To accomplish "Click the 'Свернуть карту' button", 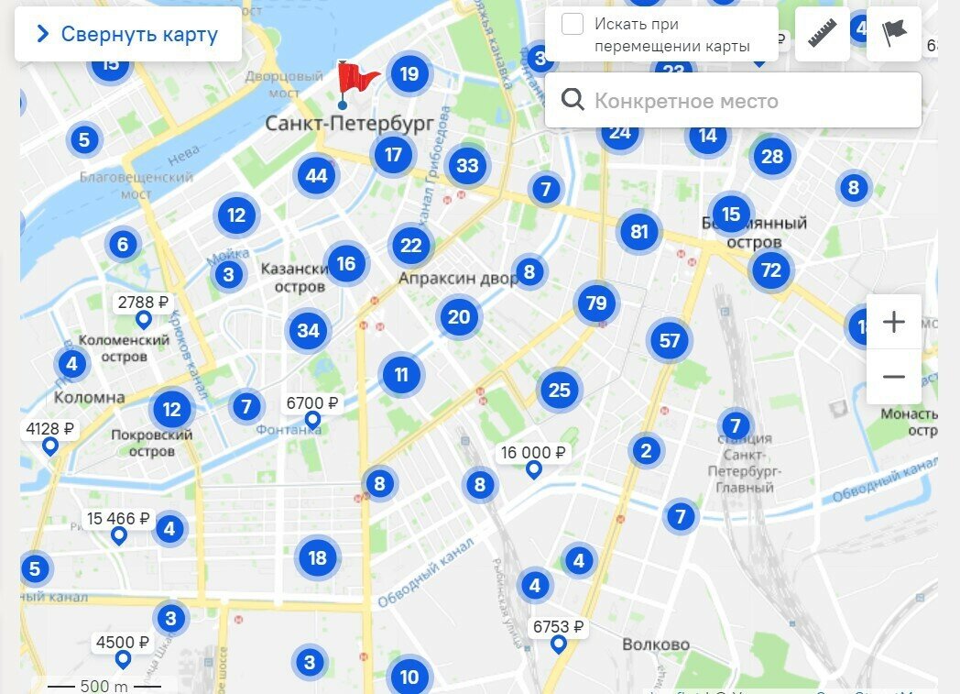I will tap(128, 35).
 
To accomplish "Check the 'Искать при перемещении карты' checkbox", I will tap(573, 25).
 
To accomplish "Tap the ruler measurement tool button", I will tap(823, 34).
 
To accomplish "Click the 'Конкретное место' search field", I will tap(733, 101).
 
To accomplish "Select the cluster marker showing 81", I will tap(639, 232).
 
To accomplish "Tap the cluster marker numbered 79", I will tap(596, 303).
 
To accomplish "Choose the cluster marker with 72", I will tap(771, 270).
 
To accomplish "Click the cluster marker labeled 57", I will tap(670, 341).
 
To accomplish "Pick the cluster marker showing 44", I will tap(317, 175).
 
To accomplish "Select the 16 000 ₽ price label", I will tap(532, 453).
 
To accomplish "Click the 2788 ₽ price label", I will tap(144, 303).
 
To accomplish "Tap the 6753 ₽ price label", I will tap(558, 628).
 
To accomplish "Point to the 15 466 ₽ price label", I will tap(118, 519).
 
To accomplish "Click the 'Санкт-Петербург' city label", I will tap(349, 124).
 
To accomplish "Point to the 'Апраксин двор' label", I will tap(457, 278).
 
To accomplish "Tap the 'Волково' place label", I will tap(656, 644).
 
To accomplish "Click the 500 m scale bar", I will tap(104, 686).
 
